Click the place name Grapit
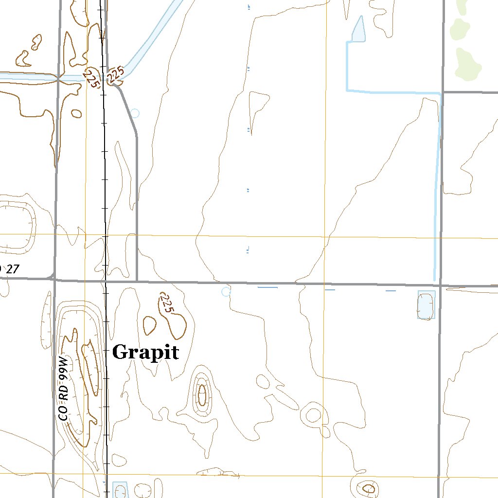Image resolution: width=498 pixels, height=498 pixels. tap(145, 352)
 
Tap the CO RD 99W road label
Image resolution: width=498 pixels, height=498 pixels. tap(63, 388)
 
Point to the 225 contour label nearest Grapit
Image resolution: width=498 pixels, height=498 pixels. tap(166, 302)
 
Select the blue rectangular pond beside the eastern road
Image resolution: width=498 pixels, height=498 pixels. tap(426, 305)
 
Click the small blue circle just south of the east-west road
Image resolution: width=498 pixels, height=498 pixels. tap(225, 292)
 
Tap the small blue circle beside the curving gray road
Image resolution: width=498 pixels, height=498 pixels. tap(135, 113)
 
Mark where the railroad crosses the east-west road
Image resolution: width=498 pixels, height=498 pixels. tap(105, 281)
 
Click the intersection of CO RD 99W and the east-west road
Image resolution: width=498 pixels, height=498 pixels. tap(54, 280)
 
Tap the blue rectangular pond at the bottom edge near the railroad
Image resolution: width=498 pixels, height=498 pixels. tap(120, 489)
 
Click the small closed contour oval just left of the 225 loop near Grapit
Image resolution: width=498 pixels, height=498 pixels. tap(150, 325)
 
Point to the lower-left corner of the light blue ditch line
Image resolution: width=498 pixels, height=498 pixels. tap(347, 90)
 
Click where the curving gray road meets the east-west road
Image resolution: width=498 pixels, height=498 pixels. tap(137, 281)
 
